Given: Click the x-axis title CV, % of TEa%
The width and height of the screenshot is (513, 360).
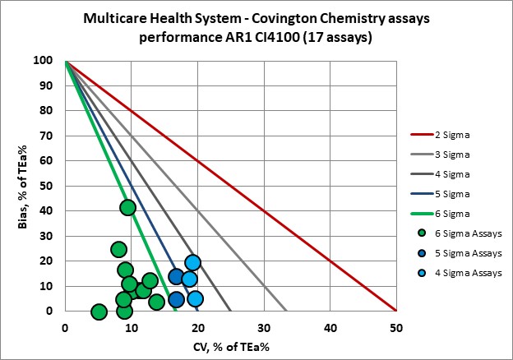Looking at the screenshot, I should point(230,346).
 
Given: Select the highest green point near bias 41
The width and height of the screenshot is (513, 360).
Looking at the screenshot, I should point(127,208).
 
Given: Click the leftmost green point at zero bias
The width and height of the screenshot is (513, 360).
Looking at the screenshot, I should point(99,312).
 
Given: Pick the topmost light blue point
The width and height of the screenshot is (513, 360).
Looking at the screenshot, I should point(192,263).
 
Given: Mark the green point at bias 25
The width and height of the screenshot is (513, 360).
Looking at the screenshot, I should point(118,249).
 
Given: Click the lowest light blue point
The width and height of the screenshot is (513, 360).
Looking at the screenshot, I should point(195,298).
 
